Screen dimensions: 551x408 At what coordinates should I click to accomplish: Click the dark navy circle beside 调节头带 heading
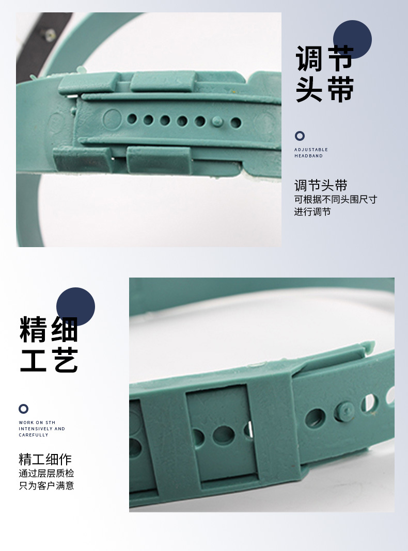pyautogui.click(x=352, y=40)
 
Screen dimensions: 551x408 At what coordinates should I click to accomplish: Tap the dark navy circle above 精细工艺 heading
pyautogui.click(x=75, y=306)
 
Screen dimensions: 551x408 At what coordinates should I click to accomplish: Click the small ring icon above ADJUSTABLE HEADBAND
pyautogui.click(x=300, y=136)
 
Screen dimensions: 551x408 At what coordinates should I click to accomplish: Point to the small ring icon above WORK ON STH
pyautogui.click(x=23, y=409)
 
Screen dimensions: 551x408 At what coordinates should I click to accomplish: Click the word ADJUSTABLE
pyautogui.click(x=311, y=150)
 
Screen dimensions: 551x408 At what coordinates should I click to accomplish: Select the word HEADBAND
pyautogui.click(x=308, y=156)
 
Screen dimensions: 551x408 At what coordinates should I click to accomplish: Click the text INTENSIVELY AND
pyautogui.click(x=42, y=429)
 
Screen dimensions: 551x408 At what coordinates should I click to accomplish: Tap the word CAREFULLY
pyautogui.click(x=34, y=435)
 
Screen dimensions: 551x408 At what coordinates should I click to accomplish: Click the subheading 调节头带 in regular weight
pyautogui.click(x=320, y=186)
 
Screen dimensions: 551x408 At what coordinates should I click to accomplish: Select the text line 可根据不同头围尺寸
pyautogui.click(x=336, y=199)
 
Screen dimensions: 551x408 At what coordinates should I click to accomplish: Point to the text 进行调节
pyautogui.click(x=312, y=212)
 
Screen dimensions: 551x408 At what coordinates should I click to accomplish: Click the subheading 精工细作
pyautogui.click(x=45, y=459)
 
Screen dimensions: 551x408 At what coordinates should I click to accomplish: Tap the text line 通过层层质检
pyautogui.click(x=46, y=473)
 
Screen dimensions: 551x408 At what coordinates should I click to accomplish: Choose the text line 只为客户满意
pyautogui.click(x=46, y=485)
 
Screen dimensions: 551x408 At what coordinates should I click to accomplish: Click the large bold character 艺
pyautogui.click(x=66, y=360)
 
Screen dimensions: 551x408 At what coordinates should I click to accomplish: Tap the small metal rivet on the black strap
pyautogui.click(x=50, y=35)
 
